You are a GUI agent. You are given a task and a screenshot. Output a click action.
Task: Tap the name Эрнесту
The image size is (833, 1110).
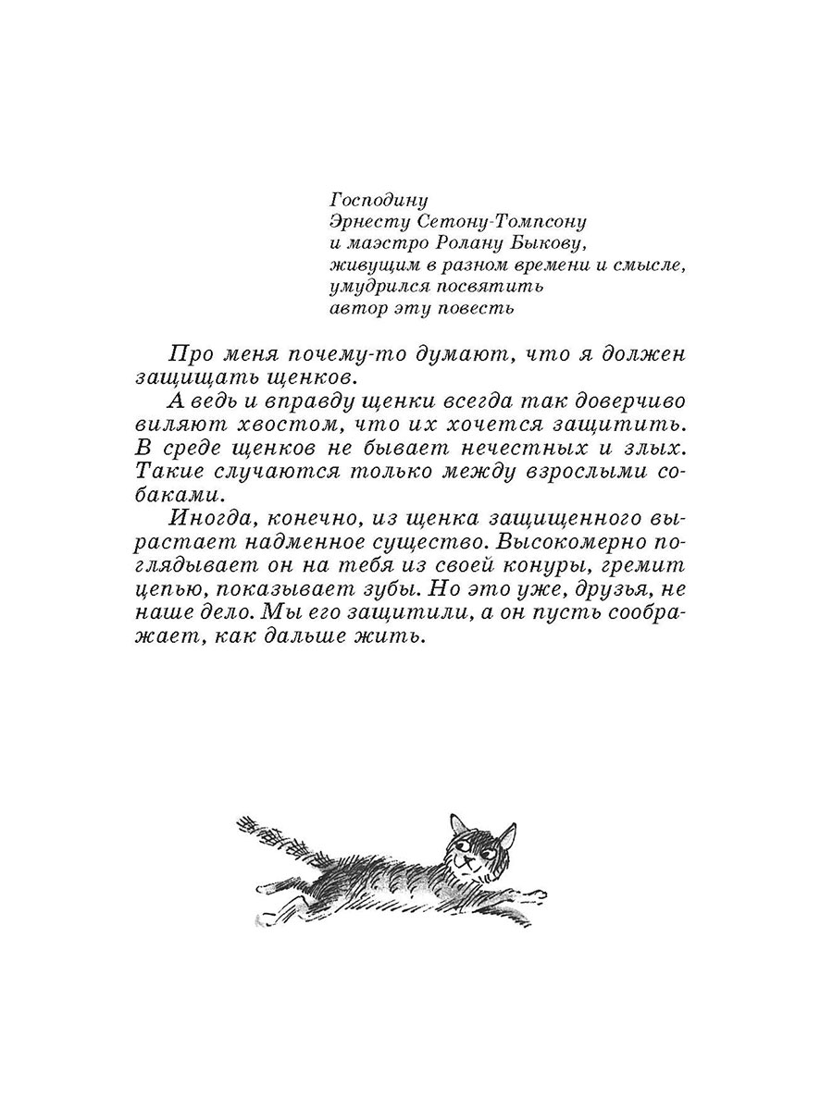coord(367,222)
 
